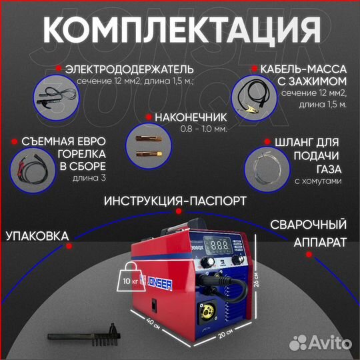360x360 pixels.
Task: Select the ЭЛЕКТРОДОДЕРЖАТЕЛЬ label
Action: (x=130, y=69)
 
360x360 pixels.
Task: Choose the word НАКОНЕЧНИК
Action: (x=189, y=116)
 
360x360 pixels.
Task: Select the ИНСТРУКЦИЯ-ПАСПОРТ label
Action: (x=179, y=201)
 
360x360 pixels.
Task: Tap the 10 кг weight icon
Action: (x=125, y=273)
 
